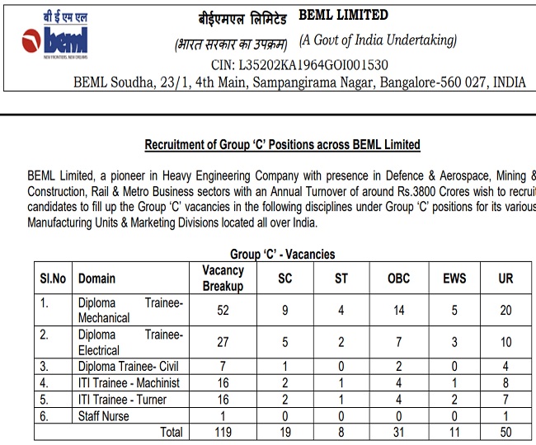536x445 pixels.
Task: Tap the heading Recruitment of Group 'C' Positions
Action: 283,145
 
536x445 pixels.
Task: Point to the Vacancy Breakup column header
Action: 223,279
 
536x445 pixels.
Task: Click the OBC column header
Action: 398,279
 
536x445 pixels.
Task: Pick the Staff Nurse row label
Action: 104,416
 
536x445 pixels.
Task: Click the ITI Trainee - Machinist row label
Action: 128,382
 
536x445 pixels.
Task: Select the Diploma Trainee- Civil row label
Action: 127,367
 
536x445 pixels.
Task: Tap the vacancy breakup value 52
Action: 223,310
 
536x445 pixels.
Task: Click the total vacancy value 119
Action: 223,433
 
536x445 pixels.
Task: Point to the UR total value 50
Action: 505,433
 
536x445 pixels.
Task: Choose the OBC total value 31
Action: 398,433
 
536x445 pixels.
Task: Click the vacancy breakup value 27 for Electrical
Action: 223,342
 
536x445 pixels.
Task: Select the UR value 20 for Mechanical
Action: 505,310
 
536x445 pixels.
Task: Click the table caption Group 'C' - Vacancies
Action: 283,254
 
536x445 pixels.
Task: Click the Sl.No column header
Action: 52,279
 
